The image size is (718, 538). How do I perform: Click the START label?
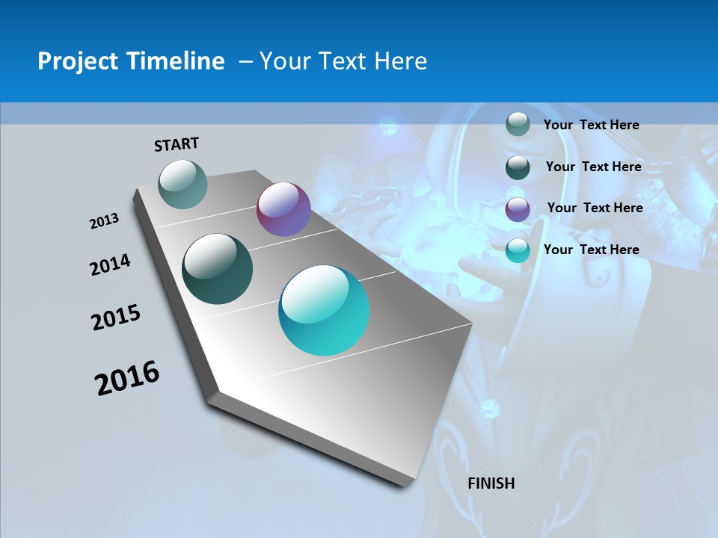coord(177,143)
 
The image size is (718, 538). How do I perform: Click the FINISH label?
coord(491,483)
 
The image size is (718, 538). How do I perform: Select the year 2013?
coord(104,221)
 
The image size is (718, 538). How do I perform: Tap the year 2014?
coord(110,265)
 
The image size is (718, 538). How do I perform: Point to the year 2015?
coord(116,318)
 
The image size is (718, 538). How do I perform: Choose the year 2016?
coord(127,378)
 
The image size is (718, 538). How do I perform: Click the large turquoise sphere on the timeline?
coord(324,310)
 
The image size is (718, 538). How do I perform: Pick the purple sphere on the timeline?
coord(283,209)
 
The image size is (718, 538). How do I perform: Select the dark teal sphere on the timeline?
coord(217,269)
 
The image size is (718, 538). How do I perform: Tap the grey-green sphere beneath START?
coord(183,185)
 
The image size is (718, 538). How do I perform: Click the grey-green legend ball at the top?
coord(518,124)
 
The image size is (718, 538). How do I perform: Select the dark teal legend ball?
coord(518,167)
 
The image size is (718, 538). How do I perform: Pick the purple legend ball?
coord(518,208)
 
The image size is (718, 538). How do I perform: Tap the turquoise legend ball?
coord(518,250)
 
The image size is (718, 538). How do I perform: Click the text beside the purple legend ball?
coord(595,208)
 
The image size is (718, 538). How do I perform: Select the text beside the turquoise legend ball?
coord(591,250)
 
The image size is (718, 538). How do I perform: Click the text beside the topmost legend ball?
coord(591,125)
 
